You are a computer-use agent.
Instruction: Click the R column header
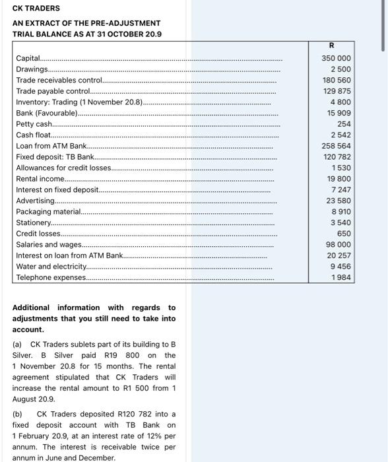click(331, 46)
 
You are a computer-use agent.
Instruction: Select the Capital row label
click(28, 59)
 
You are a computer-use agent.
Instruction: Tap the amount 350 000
click(335, 59)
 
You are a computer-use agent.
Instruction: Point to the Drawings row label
click(32, 69)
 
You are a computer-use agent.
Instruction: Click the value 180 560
click(335, 80)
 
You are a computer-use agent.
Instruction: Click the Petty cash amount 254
click(343, 123)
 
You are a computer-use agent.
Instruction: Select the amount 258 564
click(335, 145)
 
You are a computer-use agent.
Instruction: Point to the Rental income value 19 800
click(339, 178)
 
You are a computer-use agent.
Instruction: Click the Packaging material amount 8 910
click(340, 211)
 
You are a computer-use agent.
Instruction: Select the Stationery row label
click(34, 222)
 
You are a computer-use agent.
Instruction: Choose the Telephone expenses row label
click(50, 277)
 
